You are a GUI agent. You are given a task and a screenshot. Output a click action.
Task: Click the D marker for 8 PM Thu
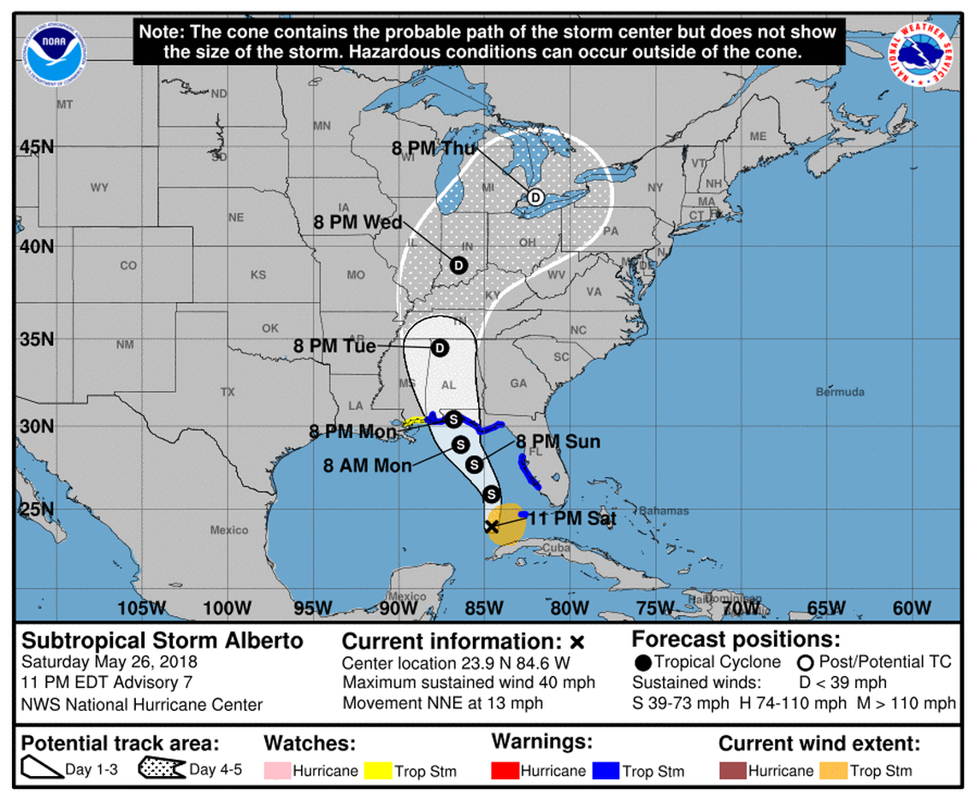click(535, 197)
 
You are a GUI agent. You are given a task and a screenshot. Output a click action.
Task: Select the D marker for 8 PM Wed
click(458, 265)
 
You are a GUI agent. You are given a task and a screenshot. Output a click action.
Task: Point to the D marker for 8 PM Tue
click(440, 347)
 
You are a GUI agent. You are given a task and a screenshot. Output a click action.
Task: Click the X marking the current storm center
click(492, 527)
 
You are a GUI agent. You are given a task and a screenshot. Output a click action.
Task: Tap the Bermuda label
click(841, 392)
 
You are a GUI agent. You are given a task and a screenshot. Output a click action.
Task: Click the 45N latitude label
click(37, 146)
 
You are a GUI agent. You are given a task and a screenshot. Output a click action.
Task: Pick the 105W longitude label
click(142, 608)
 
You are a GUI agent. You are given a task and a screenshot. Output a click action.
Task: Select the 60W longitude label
click(911, 608)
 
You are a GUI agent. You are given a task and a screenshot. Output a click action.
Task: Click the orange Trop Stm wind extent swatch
click(833, 771)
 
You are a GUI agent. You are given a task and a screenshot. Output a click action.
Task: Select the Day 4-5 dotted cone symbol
click(162, 769)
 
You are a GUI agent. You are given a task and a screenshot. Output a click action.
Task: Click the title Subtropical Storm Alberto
click(162, 641)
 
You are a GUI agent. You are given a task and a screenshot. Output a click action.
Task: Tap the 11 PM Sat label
click(571, 518)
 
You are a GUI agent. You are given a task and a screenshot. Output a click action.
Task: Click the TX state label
click(227, 392)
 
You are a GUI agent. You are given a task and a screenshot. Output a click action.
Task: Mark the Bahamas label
click(665, 511)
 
